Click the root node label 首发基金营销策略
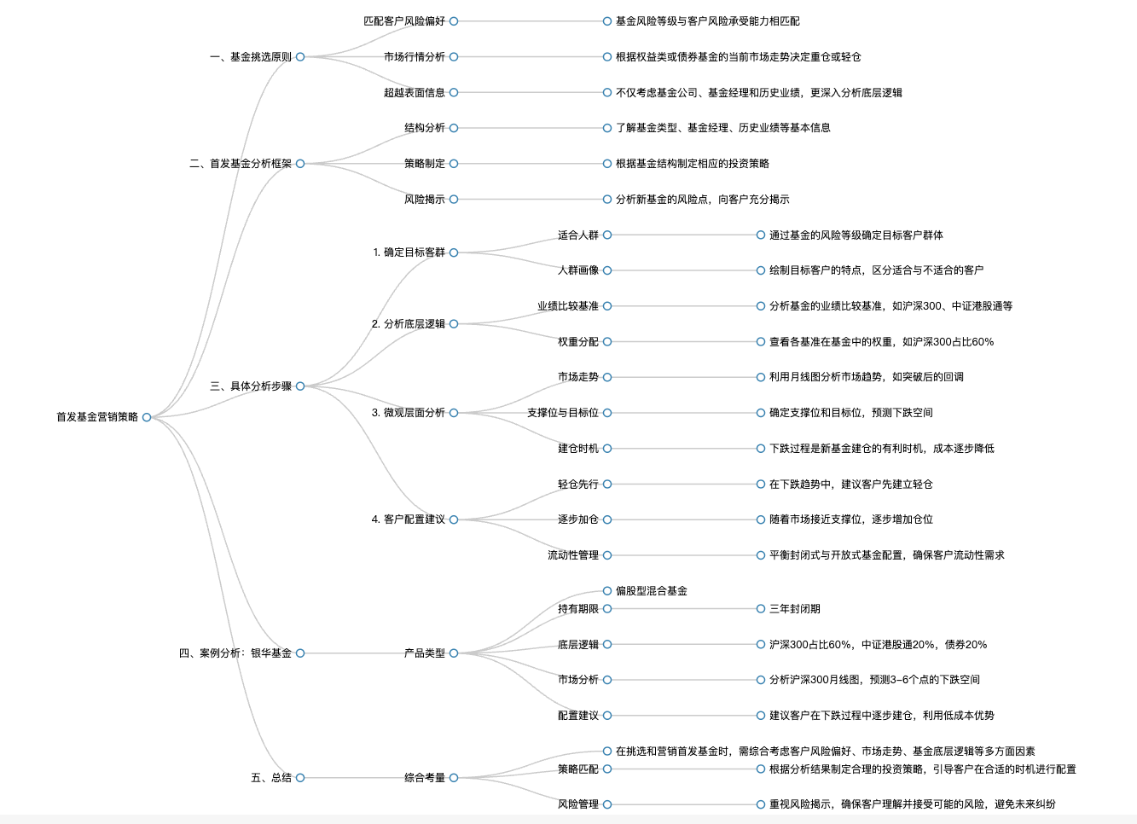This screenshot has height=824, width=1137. pyautogui.click(x=97, y=417)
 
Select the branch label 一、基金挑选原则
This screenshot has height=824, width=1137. pyautogui.click(x=251, y=57)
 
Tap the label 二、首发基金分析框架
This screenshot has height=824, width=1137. pyautogui.click(x=241, y=164)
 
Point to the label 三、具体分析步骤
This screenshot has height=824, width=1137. pyautogui.click(x=251, y=386)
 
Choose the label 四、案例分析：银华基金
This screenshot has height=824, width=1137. pyautogui.click(x=235, y=653)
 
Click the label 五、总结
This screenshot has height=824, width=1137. pyautogui.click(x=271, y=778)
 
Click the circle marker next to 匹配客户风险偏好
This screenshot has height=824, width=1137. pyautogui.click(x=454, y=21)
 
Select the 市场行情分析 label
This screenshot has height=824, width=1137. pyautogui.click(x=415, y=57)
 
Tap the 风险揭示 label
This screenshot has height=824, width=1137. pyautogui.click(x=425, y=200)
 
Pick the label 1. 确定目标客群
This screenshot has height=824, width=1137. pyautogui.click(x=409, y=252)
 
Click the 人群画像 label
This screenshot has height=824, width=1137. pyautogui.click(x=578, y=270)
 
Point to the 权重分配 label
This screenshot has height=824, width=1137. pyautogui.click(x=578, y=342)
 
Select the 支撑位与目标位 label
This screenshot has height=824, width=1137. pyautogui.click(x=563, y=413)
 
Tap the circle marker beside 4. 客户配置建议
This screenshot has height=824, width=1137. pyautogui.click(x=454, y=519)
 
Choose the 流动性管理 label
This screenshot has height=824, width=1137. pyautogui.click(x=573, y=555)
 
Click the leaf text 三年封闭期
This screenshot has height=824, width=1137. pyautogui.click(x=795, y=609)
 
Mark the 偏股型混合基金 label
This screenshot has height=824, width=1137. pyautogui.click(x=652, y=591)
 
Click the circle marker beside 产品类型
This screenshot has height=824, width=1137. pyautogui.click(x=454, y=653)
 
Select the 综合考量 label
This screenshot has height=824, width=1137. pyautogui.click(x=425, y=778)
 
